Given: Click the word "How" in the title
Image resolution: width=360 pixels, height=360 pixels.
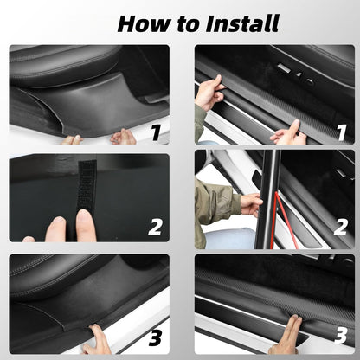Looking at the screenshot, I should coord(142,22).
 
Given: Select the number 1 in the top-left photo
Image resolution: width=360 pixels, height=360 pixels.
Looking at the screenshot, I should coord(155,132).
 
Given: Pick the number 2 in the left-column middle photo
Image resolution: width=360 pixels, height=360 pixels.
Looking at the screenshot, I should coord(155,228).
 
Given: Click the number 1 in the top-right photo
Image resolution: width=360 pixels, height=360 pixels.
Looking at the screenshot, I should coord(340,132).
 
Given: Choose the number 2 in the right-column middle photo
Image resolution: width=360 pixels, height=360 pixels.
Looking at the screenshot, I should coord(340,228).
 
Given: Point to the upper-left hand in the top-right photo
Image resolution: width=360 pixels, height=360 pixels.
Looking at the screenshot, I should coord(209,92).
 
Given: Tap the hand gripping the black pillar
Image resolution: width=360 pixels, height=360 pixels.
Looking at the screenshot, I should coord(251,204).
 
